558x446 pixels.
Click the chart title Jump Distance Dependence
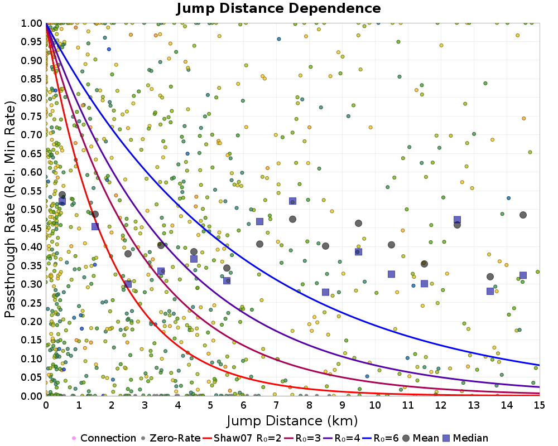pyautogui.click(x=278, y=8)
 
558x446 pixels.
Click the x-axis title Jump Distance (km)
pyautogui.click(x=292, y=420)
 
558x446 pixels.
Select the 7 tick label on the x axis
pyautogui.click(x=276, y=405)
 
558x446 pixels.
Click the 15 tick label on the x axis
pyautogui.click(x=539, y=405)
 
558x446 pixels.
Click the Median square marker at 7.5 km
pyautogui.click(x=292, y=201)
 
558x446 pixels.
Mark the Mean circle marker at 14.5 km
pyautogui.click(x=523, y=215)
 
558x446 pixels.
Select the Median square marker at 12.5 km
pyautogui.click(x=457, y=220)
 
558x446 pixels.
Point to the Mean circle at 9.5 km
pyautogui.click(x=358, y=223)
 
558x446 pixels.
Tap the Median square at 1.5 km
pyautogui.click(x=95, y=226)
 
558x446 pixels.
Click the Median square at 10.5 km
pyautogui.click(x=391, y=274)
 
